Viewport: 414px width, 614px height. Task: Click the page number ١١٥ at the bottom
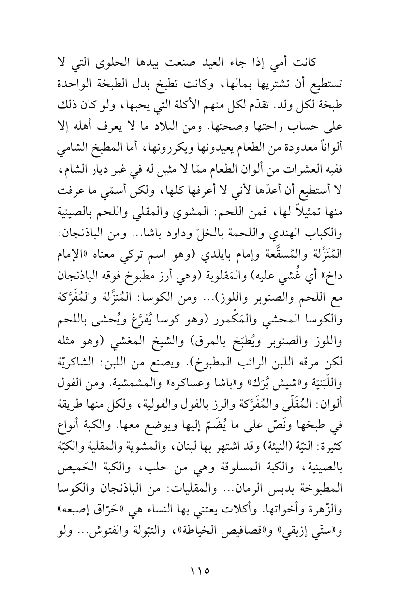207,567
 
